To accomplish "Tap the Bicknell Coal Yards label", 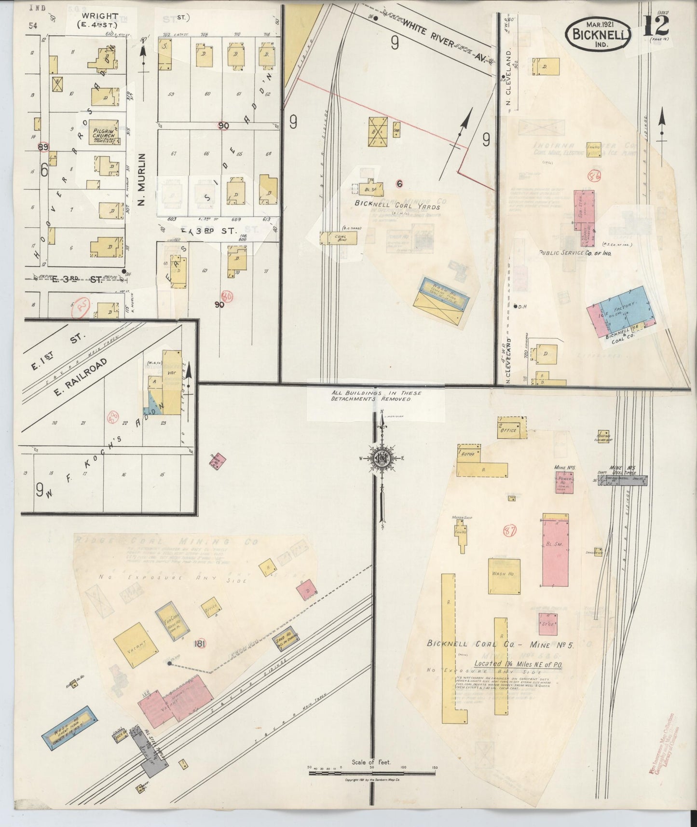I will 397,204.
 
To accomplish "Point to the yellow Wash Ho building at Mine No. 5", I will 504,576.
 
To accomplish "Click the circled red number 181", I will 200,644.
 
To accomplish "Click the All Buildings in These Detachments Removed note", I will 376,396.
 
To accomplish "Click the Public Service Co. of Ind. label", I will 574,252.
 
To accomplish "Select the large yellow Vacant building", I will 136,645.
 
